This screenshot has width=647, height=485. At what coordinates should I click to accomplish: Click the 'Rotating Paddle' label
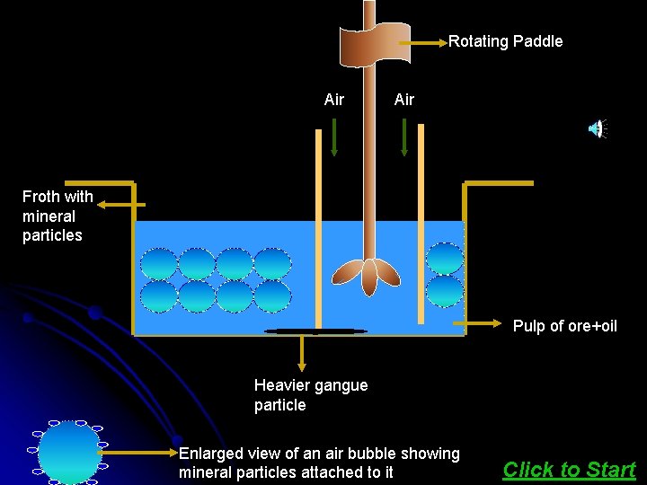tap(505, 41)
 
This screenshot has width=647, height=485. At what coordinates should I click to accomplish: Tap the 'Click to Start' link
tap(569, 469)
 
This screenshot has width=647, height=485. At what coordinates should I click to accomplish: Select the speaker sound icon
tap(597, 129)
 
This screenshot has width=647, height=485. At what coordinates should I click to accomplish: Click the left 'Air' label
tap(334, 100)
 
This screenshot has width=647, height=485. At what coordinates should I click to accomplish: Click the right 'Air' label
tap(404, 100)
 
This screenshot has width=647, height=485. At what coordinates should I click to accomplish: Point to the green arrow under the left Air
tap(334, 137)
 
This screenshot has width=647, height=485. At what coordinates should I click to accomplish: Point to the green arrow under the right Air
tap(404, 137)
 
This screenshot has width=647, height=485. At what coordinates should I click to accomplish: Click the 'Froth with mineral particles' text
tap(56, 216)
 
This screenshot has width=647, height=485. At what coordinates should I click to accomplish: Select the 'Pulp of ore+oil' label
tap(564, 326)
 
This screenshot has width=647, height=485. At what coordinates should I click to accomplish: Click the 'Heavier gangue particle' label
tap(310, 395)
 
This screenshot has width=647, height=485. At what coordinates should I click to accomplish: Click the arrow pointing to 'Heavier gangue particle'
tap(302, 352)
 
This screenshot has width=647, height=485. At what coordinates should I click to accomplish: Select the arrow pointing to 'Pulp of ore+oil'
tap(480, 322)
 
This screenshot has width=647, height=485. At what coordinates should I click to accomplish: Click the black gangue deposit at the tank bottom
tap(315, 331)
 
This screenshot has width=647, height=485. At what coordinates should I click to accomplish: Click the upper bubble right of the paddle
tap(444, 259)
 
